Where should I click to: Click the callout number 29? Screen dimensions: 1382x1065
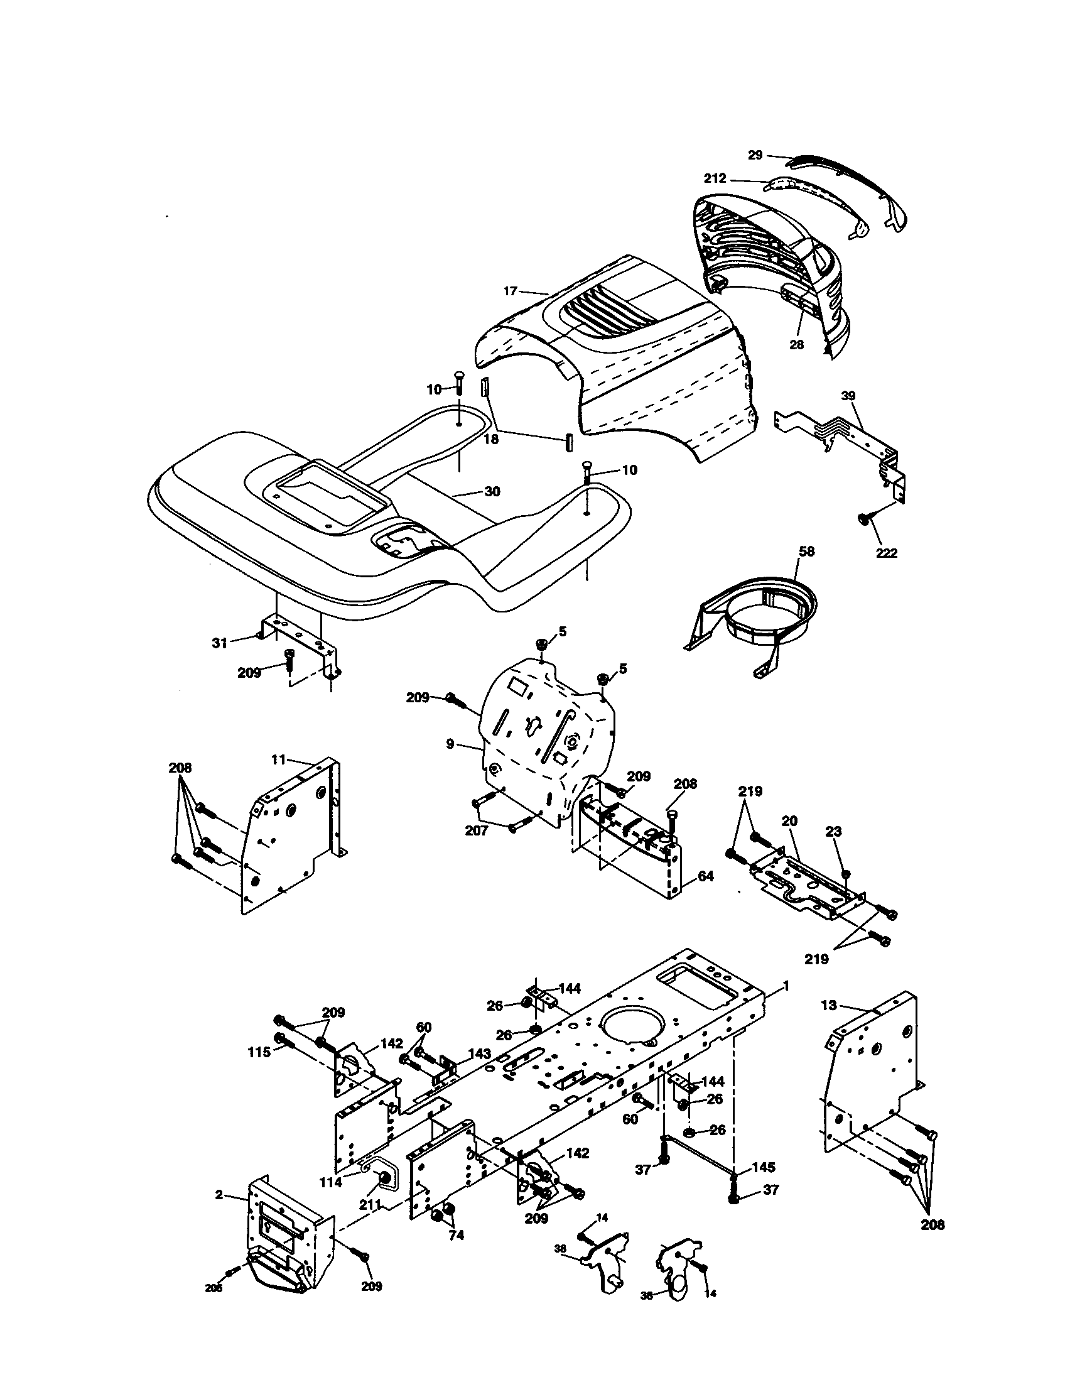coord(755,155)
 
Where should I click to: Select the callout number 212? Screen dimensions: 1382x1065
coord(715,178)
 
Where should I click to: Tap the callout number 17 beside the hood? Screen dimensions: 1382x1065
coord(511,291)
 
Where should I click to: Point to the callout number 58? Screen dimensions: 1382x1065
coord(807,551)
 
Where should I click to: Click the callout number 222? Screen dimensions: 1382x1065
coord(887,553)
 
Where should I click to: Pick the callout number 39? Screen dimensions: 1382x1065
coord(848,396)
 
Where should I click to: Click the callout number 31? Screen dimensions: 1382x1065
coord(219,643)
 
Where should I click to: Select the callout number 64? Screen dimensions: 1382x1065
coord(706,876)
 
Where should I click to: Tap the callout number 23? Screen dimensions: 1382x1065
coord(834,832)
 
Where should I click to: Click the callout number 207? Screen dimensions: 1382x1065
coord(476,831)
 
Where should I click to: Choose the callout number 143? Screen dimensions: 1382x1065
coord(479,1053)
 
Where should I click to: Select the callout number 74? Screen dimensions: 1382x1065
coord(456,1235)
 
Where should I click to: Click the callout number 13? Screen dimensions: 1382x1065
coord(828,1005)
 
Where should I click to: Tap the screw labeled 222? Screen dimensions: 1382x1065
coord(863,518)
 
